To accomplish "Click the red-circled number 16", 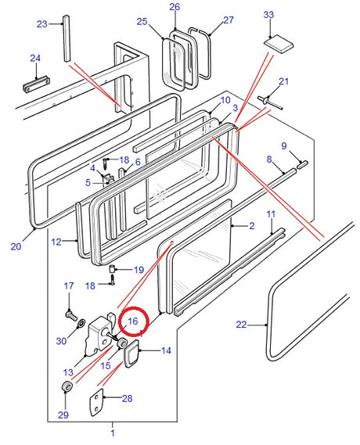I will click(132, 321).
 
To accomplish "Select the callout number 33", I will click(268, 15).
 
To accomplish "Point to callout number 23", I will click(42, 24).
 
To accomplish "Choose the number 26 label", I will click(174, 7).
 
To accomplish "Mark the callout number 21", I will click(283, 82).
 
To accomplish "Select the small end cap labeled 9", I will click(303, 163).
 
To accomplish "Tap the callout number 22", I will click(240, 325).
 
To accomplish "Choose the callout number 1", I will click(112, 432).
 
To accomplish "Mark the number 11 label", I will click(271, 214).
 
